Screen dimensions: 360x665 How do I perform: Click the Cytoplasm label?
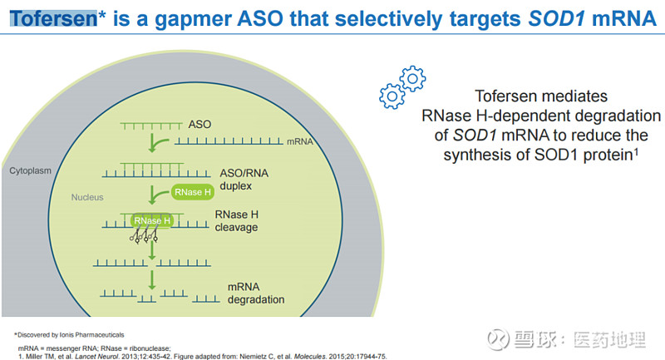point(31,170)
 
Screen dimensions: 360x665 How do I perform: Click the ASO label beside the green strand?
point(200,125)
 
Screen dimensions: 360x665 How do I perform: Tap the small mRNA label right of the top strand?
point(299,142)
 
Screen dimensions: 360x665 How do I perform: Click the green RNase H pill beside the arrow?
point(194,193)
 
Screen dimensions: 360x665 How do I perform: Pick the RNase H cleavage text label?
point(236,219)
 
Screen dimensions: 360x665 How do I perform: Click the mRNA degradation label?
point(256,293)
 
